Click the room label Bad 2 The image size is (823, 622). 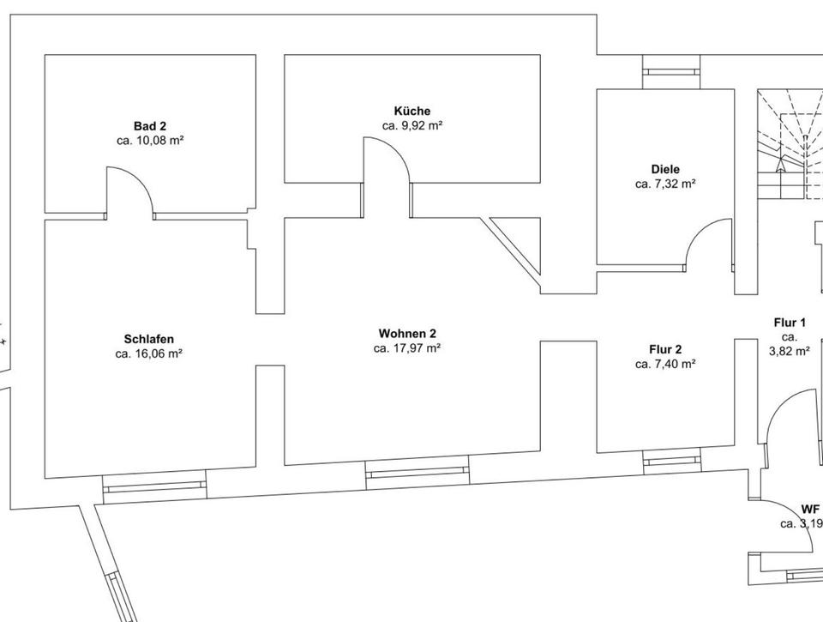(x=149, y=125)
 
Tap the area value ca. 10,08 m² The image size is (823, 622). (x=149, y=140)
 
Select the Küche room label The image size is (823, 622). (x=411, y=111)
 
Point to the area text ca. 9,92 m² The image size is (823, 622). (x=411, y=125)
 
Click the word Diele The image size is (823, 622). (x=664, y=169)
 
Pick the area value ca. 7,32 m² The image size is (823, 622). (x=664, y=184)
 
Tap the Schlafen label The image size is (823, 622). (x=149, y=339)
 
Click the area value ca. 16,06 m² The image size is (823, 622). (x=149, y=353)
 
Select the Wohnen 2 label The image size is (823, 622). (x=407, y=333)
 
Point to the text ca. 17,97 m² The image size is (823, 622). (x=407, y=348)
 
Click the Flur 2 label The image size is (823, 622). (x=664, y=349)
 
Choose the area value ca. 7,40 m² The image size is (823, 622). (x=664, y=364)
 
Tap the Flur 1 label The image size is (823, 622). (x=790, y=323)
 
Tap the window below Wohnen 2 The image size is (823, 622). (x=417, y=472)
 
